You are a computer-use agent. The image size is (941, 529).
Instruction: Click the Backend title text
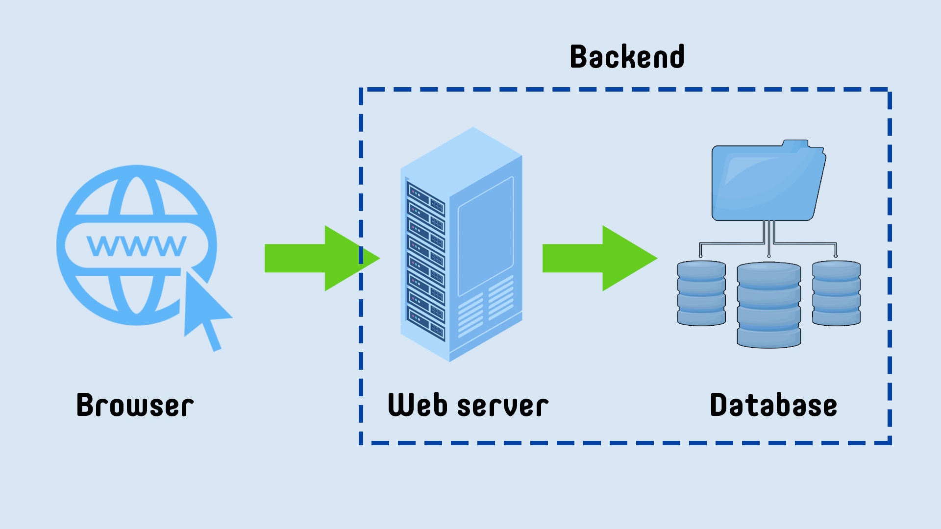627,57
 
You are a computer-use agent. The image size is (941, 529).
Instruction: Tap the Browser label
135,405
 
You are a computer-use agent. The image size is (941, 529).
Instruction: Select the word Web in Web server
418,405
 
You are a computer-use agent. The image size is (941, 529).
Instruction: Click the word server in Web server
502,407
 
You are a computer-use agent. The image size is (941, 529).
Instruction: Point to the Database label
773,405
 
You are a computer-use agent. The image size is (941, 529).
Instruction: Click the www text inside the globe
137,245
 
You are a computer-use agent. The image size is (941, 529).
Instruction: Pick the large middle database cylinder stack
768,305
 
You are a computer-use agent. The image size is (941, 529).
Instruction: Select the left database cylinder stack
701,293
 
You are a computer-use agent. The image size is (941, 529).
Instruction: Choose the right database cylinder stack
836,293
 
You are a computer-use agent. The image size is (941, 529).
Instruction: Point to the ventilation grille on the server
485,306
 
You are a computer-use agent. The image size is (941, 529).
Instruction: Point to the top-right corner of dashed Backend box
889,90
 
